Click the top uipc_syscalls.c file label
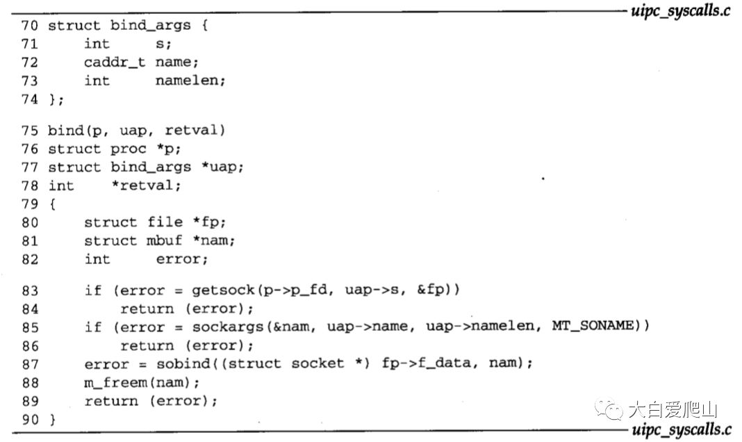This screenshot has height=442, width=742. pos(679,11)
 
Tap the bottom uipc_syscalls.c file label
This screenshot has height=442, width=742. pos(679,430)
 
